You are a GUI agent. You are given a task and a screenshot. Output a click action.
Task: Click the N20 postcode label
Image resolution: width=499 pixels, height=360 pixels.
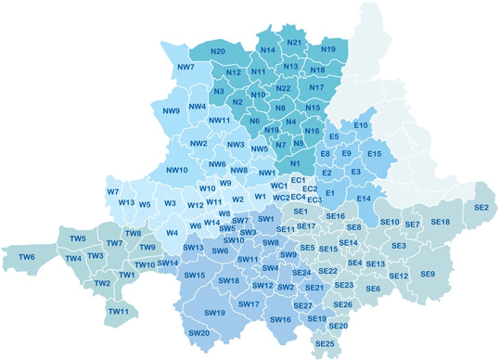[219, 51]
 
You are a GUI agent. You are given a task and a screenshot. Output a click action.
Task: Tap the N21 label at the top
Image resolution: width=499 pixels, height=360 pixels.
[295, 43]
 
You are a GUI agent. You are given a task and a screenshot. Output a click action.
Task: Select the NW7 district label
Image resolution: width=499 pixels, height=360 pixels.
[185, 68]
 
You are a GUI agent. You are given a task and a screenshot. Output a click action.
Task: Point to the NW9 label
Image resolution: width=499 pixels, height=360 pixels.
[172, 111]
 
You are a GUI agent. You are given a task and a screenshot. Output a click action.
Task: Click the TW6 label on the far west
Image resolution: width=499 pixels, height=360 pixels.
[27, 257]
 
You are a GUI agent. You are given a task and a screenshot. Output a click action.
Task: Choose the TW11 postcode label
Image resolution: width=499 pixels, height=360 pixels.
[118, 311]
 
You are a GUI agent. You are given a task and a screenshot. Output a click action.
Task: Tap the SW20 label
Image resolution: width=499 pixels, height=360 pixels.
[198, 333]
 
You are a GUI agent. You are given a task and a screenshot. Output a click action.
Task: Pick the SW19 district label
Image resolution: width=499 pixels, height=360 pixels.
[215, 313]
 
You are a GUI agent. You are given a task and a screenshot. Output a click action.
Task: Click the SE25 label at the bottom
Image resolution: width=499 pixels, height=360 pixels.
[325, 344]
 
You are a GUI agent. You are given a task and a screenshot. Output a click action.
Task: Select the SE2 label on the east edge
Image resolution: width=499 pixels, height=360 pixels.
[481, 208]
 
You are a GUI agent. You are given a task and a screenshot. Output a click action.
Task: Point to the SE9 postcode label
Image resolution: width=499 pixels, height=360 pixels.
[428, 274]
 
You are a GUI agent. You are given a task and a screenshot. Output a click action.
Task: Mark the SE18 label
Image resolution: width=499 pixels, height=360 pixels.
[440, 222]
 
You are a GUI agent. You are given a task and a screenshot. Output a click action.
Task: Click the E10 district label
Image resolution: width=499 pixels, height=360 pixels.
[361, 125]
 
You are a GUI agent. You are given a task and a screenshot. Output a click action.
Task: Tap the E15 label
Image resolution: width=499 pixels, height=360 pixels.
[374, 153]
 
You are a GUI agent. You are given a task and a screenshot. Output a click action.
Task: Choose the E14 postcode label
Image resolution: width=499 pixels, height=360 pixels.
[364, 199]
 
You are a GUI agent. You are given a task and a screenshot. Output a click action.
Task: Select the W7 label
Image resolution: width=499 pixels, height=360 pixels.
[113, 192]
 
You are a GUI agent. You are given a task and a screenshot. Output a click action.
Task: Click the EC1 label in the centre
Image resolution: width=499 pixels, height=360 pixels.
[298, 179]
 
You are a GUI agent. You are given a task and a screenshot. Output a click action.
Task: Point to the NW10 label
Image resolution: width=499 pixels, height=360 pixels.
[177, 170]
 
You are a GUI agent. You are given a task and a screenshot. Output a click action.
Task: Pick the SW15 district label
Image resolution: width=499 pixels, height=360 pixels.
[195, 276]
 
